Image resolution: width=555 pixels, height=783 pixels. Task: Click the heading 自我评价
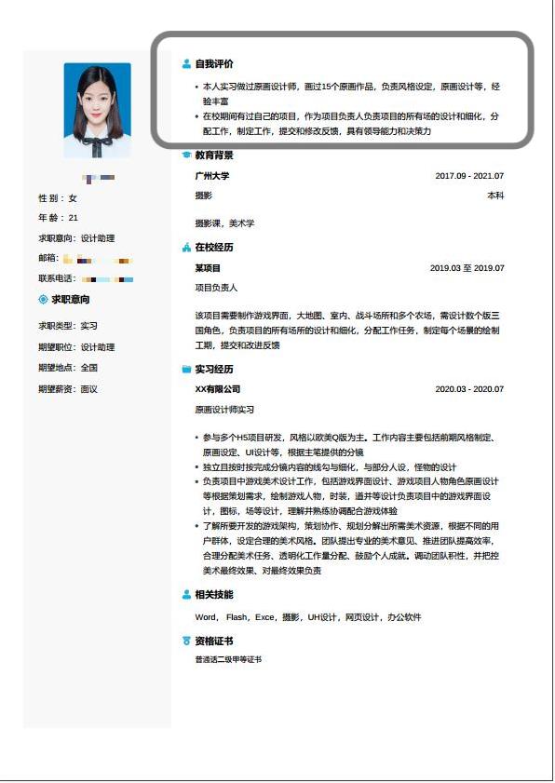pyautogui.click(x=213, y=64)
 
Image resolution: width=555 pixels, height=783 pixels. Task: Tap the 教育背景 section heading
pyautogui.click(x=213, y=155)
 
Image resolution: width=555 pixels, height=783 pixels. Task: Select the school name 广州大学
pyautogui.click(x=211, y=175)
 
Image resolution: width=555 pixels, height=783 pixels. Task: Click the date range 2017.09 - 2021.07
pyautogui.click(x=468, y=175)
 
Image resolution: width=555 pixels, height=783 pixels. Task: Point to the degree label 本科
pyautogui.click(x=494, y=196)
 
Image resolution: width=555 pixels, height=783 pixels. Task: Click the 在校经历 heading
pyautogui.click(x=213, y=248)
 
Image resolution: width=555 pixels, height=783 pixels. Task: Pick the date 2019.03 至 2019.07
pyautogui.click(x=467, y=268)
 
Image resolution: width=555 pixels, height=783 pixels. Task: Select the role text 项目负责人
pyautogui.click(x=216, y=288)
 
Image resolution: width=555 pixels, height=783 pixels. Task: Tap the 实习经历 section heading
pyautogui.click(x=213, y=369)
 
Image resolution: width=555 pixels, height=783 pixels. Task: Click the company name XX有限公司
pyautogui.click(x=217, y=389)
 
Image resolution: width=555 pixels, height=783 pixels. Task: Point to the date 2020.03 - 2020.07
pyautogui.click(x=468, y=389)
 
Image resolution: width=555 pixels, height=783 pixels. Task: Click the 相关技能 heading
pyautogui.click(x=213, y=594)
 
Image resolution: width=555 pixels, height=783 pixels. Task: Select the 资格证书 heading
pyautogui.click(x=213, y=641)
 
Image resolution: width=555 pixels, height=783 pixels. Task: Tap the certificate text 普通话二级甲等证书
pyautogui.click(x=228, y=659)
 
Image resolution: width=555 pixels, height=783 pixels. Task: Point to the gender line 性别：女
pyautogui.click(x=58, y=198)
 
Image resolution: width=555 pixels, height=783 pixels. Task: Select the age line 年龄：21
pyautogui.click(x=58, y=218)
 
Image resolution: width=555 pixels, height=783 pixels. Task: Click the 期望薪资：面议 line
pyautogui.click(x=67, y=389)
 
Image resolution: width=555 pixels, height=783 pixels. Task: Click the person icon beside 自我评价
pyautogui.click(x=186, y=64)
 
